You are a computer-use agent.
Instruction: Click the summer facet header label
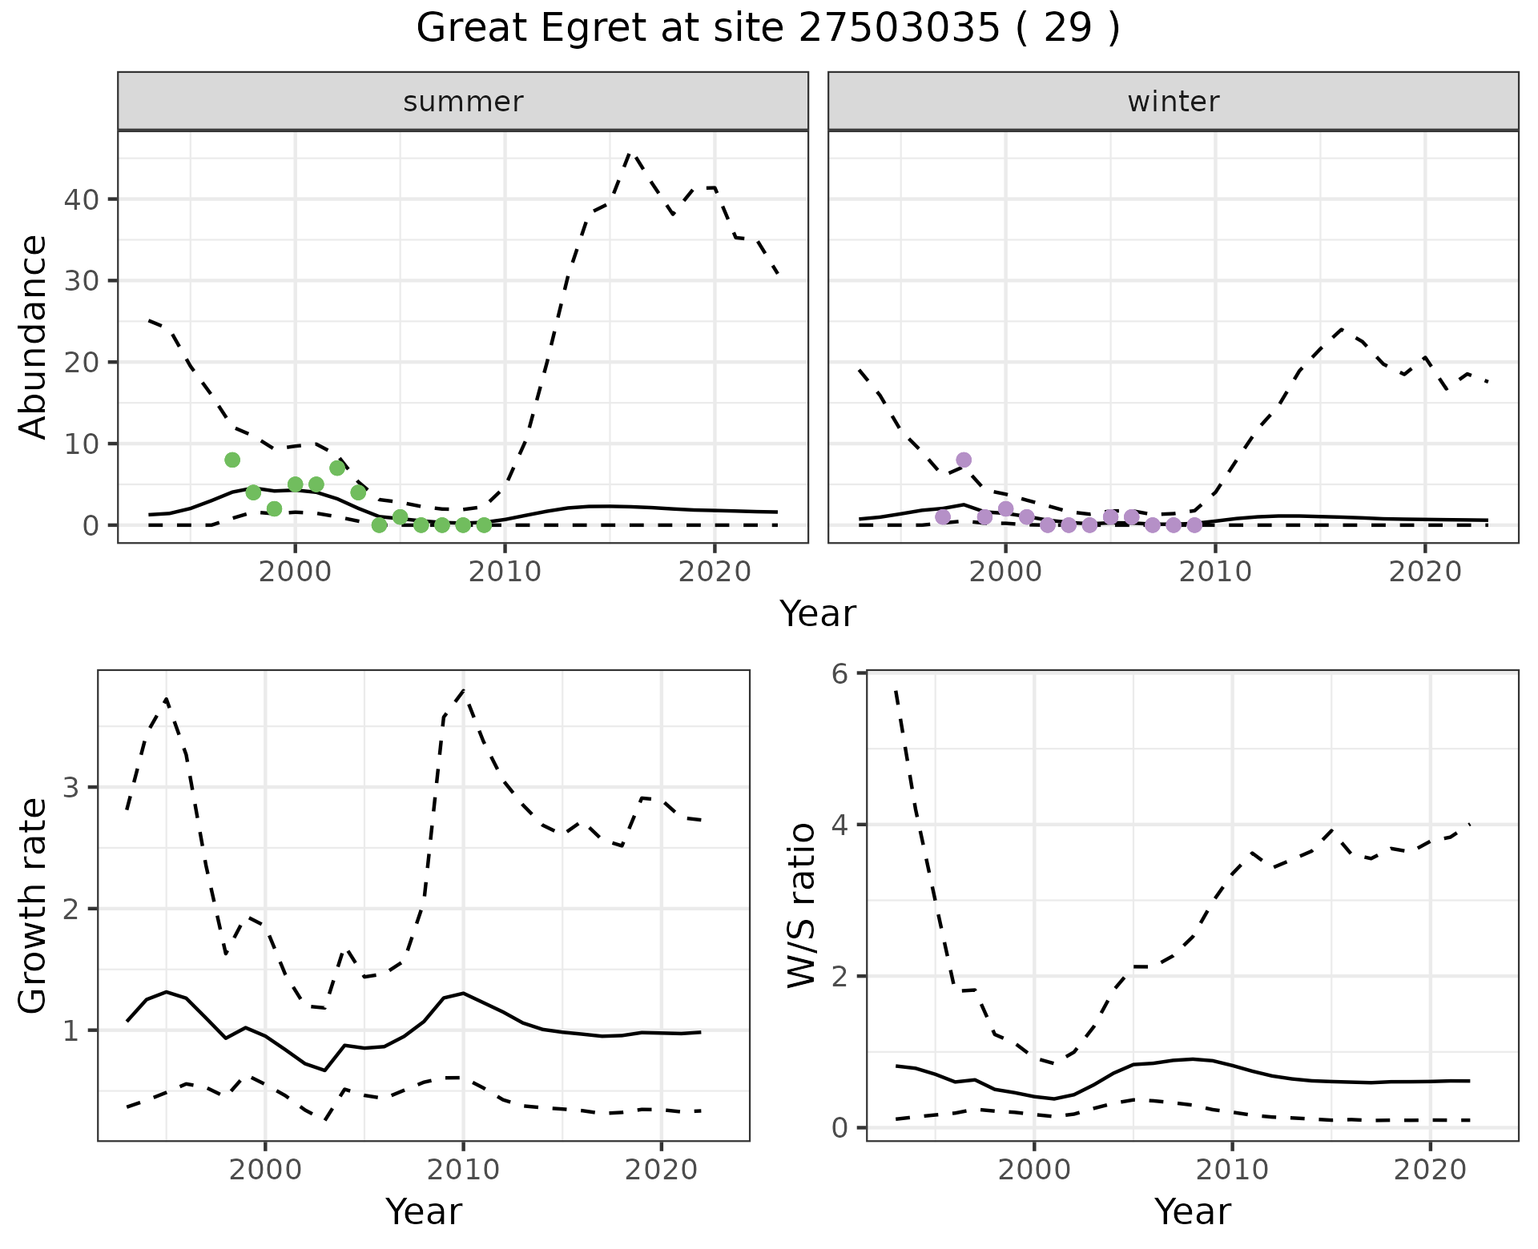[463, 102]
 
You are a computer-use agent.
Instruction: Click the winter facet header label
[1173, 102]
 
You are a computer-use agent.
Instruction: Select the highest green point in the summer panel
[232, 460]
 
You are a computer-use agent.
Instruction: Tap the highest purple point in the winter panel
[964, 460]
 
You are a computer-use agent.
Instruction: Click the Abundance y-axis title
[33, 337]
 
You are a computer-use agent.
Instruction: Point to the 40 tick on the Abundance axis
[85, 199]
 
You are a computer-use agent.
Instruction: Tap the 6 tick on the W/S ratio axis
[839, 674]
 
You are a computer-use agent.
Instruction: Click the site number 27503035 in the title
[900, 29]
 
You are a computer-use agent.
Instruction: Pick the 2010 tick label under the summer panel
[505, 572]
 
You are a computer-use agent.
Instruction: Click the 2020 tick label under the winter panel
[1424, 572]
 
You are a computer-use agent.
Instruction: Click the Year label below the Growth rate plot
[424, 1211]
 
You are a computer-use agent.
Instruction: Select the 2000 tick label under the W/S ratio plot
[1033, 1170]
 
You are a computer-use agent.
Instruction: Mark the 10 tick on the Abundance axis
[85, 444]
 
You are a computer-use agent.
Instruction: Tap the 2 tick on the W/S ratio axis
[839, 977]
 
